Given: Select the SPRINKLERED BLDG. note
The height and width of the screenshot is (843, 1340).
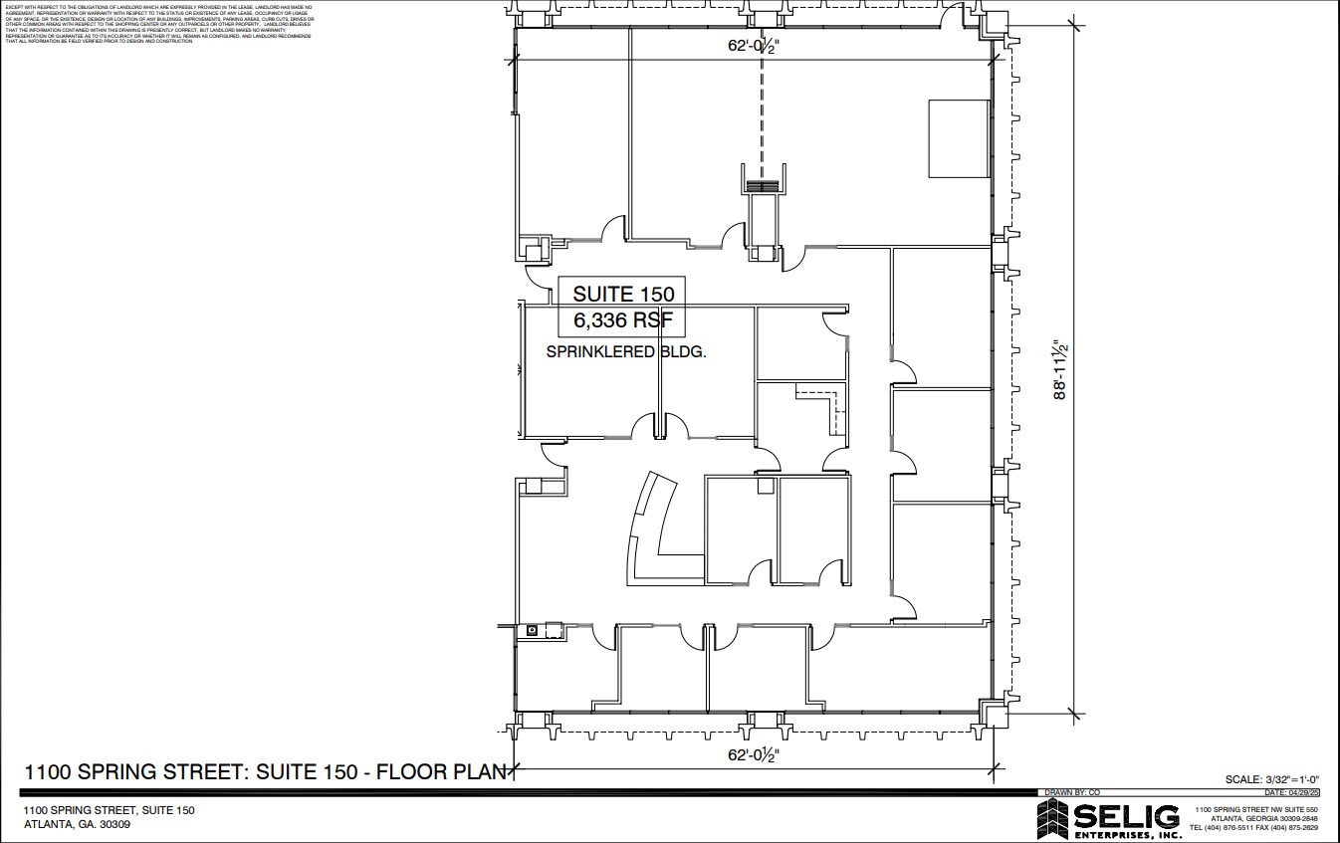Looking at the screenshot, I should pyautogui.click(x=626, y=351).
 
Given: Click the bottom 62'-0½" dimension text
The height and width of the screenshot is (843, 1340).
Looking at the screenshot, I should pyautogui.click(x=751, y=755).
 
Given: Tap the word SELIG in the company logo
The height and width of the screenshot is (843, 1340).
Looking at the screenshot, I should pyautogui.click(x=1126, y=816).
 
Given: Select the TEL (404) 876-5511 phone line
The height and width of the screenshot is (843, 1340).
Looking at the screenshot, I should pyautogui.click(x=1254, y=828).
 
